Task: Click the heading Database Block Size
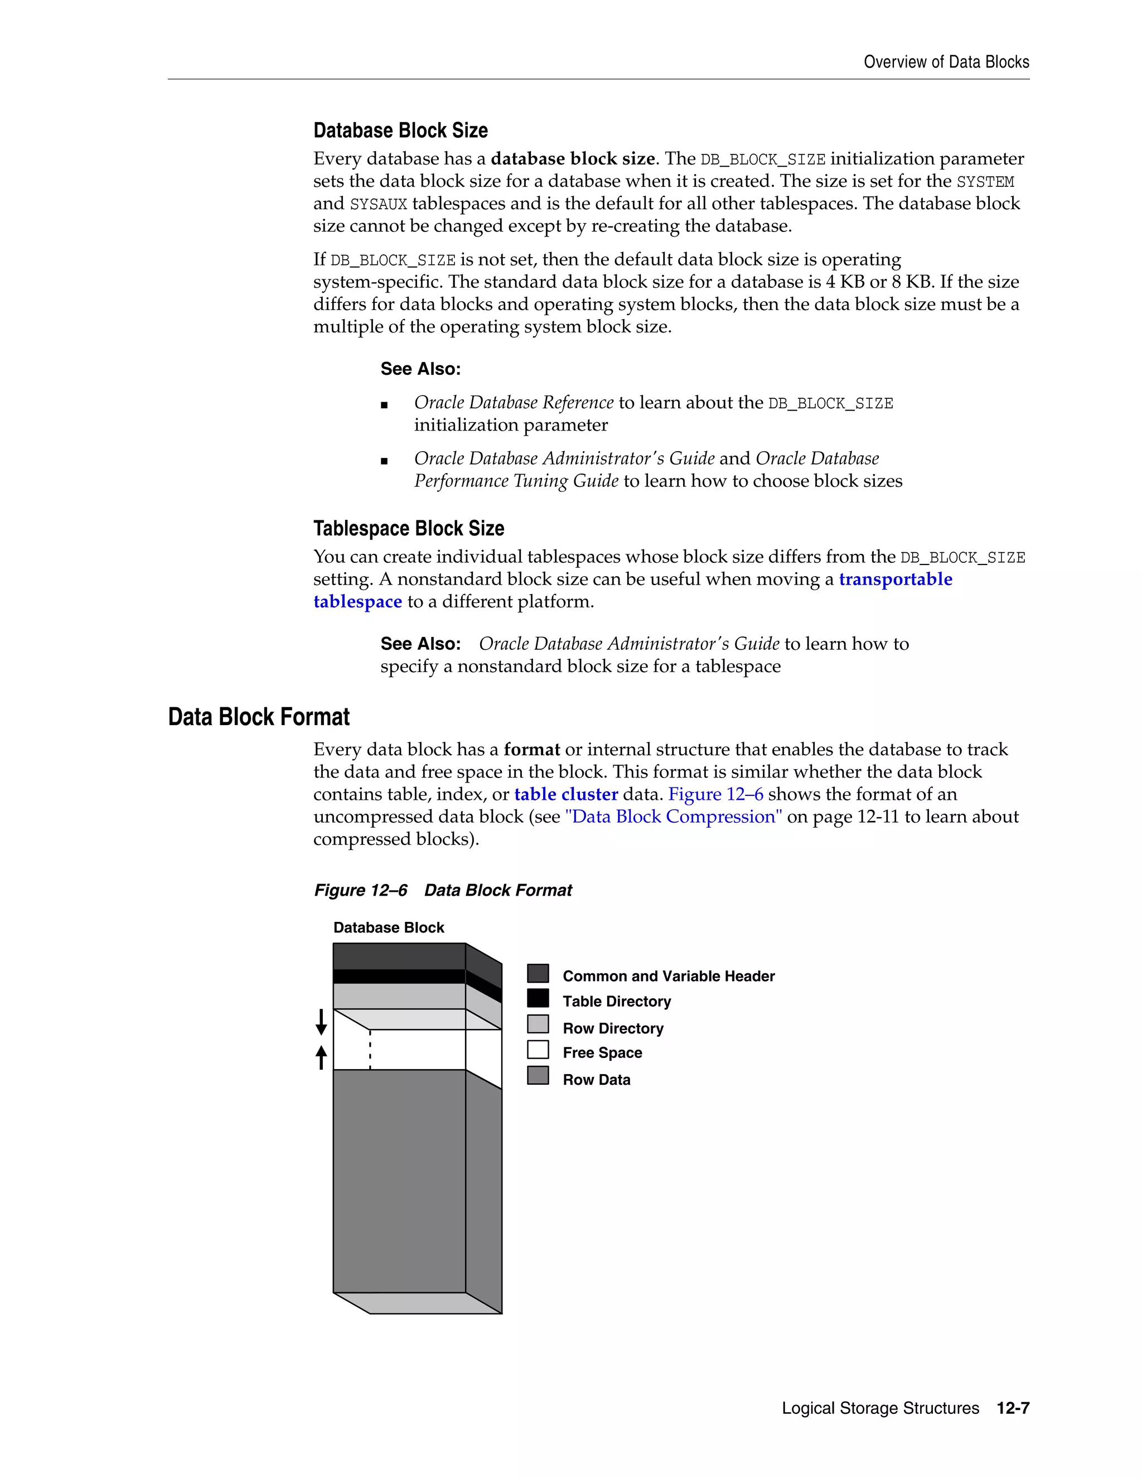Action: pyautogui.click(x=400, y=130)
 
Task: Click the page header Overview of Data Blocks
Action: pyautogui.click(x=946, y=62)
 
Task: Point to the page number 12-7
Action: pyautogui.click(x=1013, y=1408)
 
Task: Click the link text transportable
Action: pyautogui.click(x=895, y=579)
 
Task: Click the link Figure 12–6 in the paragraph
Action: pyautogui.click(x=716, y=794)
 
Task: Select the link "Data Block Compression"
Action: pyautogui.click(x=673, y=817)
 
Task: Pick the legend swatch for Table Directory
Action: pyautogui.click(x=538, y=998)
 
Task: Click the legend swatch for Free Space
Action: pyautogui.click(x=538, y=1050)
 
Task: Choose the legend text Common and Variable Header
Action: pyautogui.click(x=669, y=976)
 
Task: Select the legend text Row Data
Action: pyautogui.click(x=596, y=1079)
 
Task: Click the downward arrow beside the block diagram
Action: pyautogui.click(x=321, y=1022)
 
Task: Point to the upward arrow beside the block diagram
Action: pyautogui.click(x=321, y=1057)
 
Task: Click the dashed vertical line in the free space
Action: pyautogui.click(x=370, y=1050)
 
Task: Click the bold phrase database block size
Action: pyautogui.click(x=572, y=158)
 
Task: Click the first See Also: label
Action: pyautogui.click(x=420, y=369)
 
